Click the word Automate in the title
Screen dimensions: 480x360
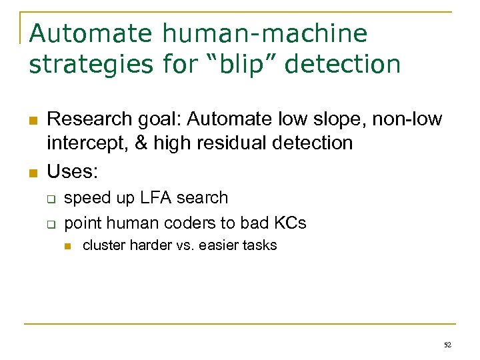coord(83,33)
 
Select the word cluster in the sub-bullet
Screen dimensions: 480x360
coord(103,245)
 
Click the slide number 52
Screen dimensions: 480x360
coord(447,345)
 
